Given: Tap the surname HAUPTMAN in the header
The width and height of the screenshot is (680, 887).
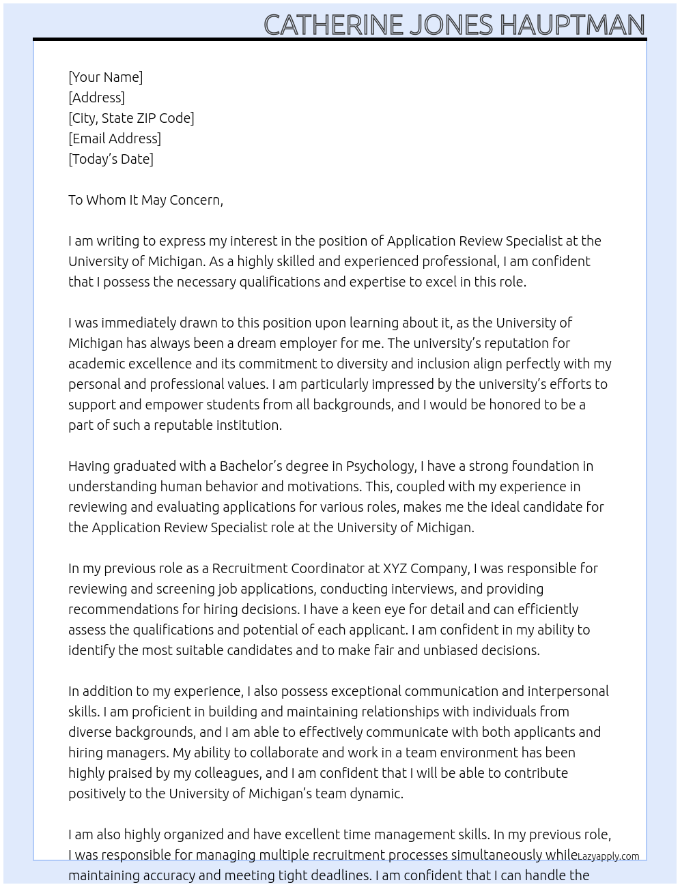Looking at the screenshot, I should pos(571,25).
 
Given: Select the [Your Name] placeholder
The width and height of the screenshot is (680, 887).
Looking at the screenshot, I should pos(106,77).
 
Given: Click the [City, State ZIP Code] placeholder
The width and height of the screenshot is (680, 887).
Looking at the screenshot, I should pos(131,118).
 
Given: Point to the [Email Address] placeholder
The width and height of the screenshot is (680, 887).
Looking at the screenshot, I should pos(115,139).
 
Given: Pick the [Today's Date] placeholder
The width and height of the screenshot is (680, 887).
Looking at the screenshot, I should pos(111,159).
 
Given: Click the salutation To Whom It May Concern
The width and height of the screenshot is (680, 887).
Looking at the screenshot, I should pos(145,200).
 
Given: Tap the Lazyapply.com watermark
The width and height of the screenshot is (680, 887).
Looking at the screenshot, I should pos(608,856).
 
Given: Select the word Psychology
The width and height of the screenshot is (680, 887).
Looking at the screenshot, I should pos(380,467).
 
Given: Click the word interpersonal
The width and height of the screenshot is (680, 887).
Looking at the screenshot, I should pos(568,691).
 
